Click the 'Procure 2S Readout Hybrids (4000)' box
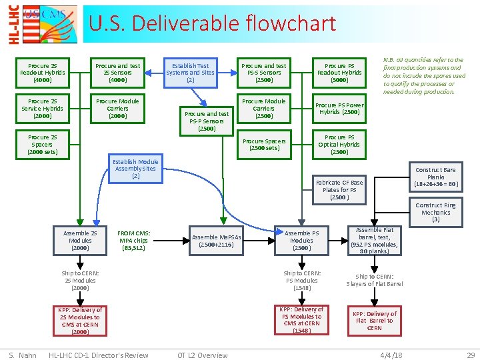click(x=42, y=73)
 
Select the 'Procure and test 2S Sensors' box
click(x=117, y=73)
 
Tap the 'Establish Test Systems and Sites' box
click(x=190, y=73)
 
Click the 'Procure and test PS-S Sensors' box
click(x=263, y=73)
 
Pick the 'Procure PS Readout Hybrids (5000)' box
click(x=339, y=73)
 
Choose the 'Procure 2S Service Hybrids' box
click(x=42, y=109)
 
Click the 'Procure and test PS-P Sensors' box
click(x=207, y=121)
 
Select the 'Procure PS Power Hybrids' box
click(x=339, y=109)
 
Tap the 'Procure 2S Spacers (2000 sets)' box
click(x=42, y=145)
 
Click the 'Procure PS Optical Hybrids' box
click(x=339, y=145)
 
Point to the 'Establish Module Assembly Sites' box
click(x=135, y=169)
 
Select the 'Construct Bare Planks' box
click(x=435, y=177)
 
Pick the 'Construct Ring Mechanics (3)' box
click(x=435, y=212)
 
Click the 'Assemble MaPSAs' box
click(x=216, y=241)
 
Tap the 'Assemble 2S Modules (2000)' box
click(x=80, y=241)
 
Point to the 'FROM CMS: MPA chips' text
click(x=134, y=241)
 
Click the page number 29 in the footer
click(x=471, y=355)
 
